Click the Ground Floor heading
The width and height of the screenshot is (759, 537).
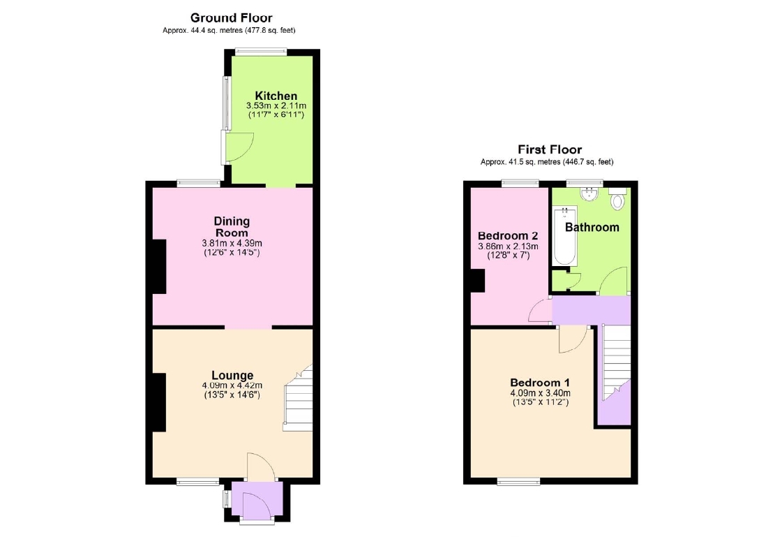pyautogui.click(x=232, y=18)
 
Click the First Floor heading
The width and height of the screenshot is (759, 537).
pyautogui.click(x=550, y=149)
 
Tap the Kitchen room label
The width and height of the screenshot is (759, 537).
pyautogui.click(x=276, y=96)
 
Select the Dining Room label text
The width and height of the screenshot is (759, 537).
pyautogui.click(x=232, y=227)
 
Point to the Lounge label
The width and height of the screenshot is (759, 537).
pyautogui.click(x=232, y=375)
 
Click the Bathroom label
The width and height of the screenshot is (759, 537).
pyautogui.click(x=592, y=227)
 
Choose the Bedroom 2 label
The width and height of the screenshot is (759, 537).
pyautogui.click(x=508, y=235)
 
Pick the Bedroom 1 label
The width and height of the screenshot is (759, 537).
pyautogui.click(x=540, y=382)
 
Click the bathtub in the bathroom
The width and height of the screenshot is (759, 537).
pyautogui.click(x=565, y=235)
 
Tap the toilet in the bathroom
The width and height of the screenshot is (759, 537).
pyautogui.click(x=617, y=199)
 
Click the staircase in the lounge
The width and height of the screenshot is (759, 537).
pyautogui.click(x=298, y=399)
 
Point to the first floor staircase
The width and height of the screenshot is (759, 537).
pyautogui.click(x=616, y=362)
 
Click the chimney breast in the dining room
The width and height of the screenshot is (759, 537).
pyautogui.click(x=159, y=266)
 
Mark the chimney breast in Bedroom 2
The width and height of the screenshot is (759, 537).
pyautogui.click(x=478, y=281)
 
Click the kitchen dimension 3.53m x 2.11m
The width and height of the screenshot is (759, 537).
pyautogui.click(x=276, y=105)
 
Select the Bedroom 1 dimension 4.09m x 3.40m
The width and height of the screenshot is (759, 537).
pyautogui.click(x=540, y=393)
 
